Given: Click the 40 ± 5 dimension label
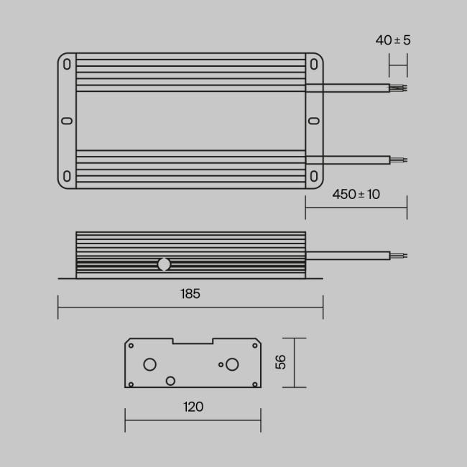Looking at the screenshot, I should [x=393, y=40].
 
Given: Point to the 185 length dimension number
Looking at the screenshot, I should [x=190, y=293].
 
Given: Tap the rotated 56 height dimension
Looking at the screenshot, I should [x=280, y=363].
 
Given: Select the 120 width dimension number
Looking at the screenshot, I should [x=193, y=407].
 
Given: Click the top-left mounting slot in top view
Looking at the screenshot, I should [x=67, y=64].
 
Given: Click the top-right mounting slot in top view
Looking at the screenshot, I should [x=314, y=64].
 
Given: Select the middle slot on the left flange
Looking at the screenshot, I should [x=67, y=121].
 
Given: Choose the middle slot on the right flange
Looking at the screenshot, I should [x=314, y=121].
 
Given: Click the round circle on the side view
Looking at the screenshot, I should [x=164, y=264].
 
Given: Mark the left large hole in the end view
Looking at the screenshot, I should [x=150, y=364].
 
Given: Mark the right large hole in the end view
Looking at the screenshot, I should [x=232, y=364].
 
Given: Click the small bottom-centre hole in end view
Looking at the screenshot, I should [x=170, y=380].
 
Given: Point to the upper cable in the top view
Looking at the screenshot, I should [x=348, y=88].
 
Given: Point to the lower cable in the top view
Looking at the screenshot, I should [x=348, y=159].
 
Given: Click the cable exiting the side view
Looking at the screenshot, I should [x=348, y=255].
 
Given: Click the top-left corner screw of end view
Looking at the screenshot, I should [x=131, y=345].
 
